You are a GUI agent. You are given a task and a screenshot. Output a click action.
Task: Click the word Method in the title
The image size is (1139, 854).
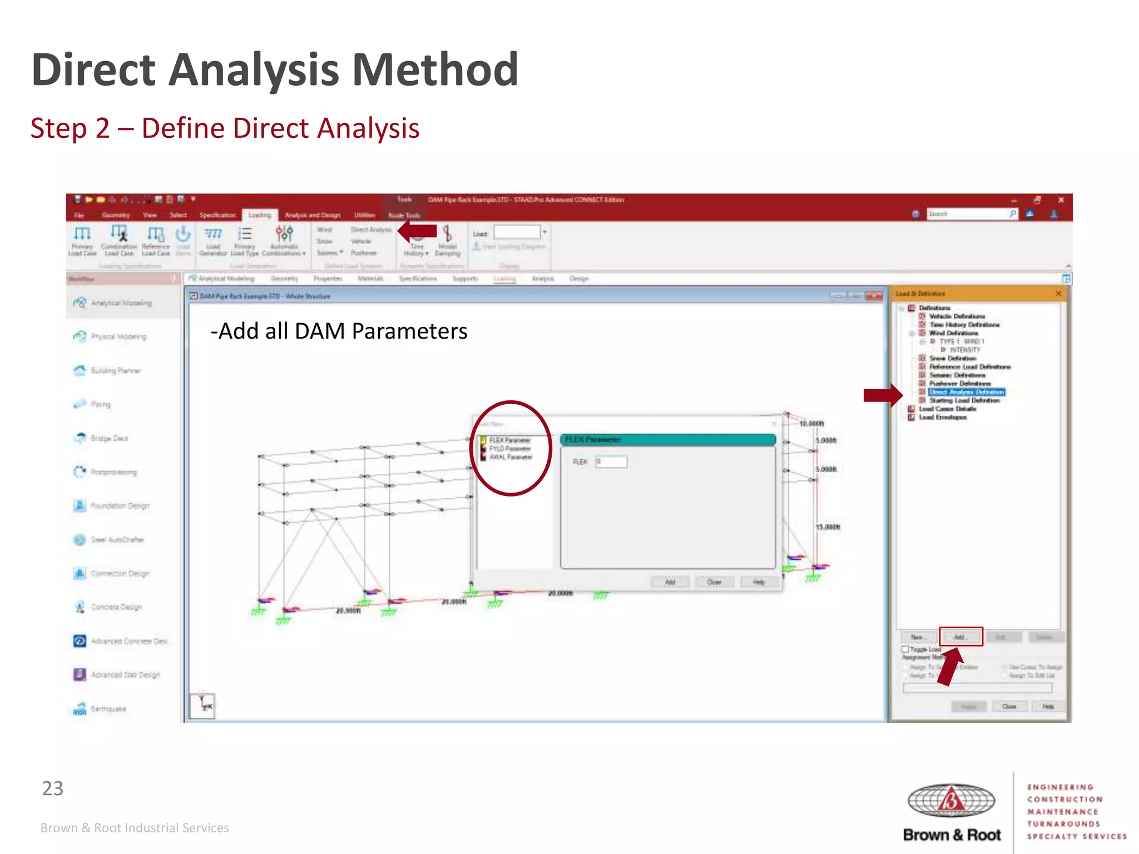pos(435,69)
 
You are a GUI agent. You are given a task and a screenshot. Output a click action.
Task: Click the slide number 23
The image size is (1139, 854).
pos(53,788)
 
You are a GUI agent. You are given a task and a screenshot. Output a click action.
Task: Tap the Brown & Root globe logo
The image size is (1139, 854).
pos(951,800)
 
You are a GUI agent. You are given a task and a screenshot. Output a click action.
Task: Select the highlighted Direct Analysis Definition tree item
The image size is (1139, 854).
pos(967,392)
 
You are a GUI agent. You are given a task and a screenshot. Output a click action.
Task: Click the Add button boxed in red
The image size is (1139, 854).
pos(960,637)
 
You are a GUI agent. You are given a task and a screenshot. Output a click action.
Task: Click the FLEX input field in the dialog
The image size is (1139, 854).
pos(611,461)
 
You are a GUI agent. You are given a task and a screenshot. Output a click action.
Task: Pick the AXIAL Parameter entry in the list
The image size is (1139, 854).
pos(510,457)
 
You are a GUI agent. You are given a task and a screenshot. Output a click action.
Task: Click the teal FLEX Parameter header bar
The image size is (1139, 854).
pos(667,440)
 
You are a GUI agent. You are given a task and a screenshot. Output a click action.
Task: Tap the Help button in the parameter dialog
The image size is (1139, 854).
pos(759,582)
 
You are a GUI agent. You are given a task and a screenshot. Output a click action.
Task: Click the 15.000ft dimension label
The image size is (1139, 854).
pos(828,527)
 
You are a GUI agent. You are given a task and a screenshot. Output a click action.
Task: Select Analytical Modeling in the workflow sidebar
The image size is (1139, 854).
pos(121,303)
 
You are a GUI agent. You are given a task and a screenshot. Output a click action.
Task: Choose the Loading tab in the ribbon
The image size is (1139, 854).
pos(260,215)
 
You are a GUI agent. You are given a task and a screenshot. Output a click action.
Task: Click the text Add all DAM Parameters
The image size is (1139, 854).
pos(339,331)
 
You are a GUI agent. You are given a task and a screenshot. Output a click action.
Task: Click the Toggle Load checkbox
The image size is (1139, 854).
pos(905,649)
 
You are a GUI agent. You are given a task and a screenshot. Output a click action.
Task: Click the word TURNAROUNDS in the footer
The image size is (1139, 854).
pos(1063,824)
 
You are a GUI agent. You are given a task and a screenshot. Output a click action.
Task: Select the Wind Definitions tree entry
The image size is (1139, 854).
pos(953,333)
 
